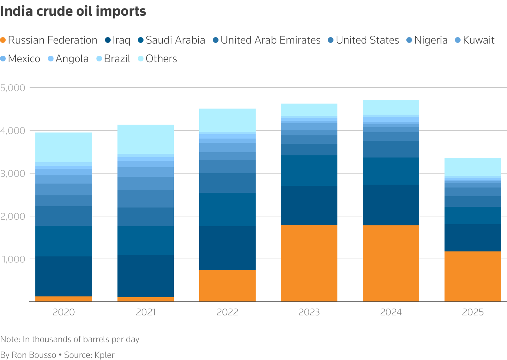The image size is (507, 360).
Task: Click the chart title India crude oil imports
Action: (x=73, y=11)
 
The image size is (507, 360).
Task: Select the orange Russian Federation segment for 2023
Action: (x=309, y=263)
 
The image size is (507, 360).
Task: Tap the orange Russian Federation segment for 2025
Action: (x=473, y=276)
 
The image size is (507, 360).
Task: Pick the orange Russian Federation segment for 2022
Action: (x=227, y=286)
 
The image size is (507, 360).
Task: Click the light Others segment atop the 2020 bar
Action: (x=64, y=147)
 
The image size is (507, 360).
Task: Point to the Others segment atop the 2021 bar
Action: (x=146, y=139)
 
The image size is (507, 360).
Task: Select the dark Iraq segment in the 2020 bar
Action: (x=64, y=276)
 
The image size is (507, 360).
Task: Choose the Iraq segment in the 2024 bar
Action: (x=391, y=205)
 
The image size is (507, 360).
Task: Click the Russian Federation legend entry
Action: (x=49, y=40)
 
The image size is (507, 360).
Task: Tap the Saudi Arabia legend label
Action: (x=171, y=40)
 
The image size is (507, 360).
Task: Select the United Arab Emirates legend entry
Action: (x=266, y=40)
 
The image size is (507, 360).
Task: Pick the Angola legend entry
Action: (x=68, y=59)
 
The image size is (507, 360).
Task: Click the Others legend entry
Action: (x=157, y=59)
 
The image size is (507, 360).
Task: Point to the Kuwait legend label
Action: (x=475, y=40)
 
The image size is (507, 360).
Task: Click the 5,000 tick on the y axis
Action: (x=12, y=87)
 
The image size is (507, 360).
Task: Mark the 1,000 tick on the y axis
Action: (x=12, y=259)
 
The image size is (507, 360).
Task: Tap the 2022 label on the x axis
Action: (x=227, y=312)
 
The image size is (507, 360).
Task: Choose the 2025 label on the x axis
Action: (x=473, y=312)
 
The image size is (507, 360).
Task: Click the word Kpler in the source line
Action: (x=104, y=355)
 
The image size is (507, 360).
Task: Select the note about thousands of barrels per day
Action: (x=70, y=339)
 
